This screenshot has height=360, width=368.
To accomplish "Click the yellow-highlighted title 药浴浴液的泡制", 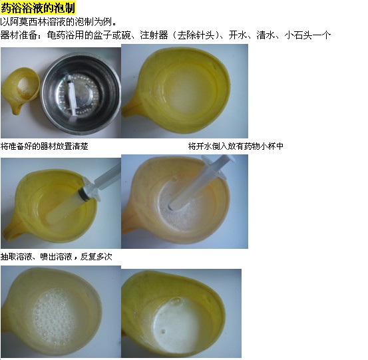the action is (x=38, y=8).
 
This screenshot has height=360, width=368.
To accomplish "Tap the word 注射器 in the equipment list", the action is (x=154, y=35).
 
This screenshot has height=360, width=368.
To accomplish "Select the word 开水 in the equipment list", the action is (x=238, y=35).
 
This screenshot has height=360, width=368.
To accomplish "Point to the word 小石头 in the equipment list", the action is (x=298, y=35).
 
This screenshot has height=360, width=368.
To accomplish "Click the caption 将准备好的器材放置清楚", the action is (x=45, y=146).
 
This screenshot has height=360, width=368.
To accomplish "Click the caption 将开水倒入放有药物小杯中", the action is (x=236, y=146).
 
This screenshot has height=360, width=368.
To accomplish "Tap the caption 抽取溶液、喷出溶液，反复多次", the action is (x=57, y=256).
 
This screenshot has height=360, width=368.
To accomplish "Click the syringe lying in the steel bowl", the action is (x=72, y=95).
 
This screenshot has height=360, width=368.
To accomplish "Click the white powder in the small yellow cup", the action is (x=26, y=87).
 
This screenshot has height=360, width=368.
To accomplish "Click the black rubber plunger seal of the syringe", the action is (x=83, y=193).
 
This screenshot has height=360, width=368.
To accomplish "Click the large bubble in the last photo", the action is (x=176, y=301).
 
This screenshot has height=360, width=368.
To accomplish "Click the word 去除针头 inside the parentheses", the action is (x=196, y=35).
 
